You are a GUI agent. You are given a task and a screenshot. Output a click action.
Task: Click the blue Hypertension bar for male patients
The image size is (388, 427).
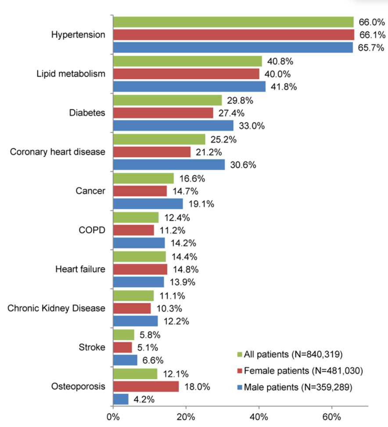[233, 47]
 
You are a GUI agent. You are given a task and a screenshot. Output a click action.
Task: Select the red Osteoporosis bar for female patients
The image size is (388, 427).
[146, 387]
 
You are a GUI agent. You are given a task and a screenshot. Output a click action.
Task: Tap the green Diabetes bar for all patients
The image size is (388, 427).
[168, 100]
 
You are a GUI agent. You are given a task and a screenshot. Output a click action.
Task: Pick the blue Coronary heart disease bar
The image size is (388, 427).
[169, 165]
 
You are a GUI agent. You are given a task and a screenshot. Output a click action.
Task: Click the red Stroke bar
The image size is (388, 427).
[122, 348]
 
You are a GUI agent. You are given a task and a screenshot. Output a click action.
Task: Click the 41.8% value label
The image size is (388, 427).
[280, 86]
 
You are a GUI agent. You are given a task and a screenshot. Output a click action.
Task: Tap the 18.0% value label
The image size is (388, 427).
[194, 387]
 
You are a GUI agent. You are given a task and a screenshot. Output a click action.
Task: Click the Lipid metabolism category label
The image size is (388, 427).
[71, 73]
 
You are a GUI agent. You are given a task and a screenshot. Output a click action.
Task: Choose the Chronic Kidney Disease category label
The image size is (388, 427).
[57, 308]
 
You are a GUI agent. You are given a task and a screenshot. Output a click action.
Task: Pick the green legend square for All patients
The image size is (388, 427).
[239, 354]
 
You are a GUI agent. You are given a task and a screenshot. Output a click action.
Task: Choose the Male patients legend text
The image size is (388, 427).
[301, 388]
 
